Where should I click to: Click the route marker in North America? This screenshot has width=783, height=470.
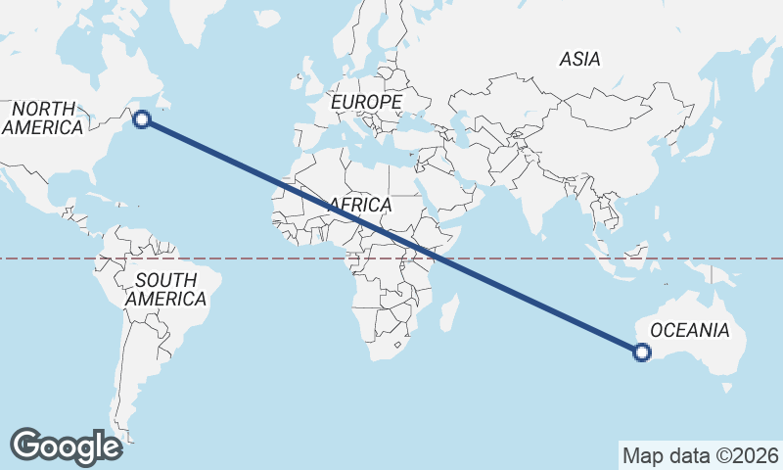coord(142,119)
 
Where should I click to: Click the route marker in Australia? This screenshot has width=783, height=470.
coord(642,352)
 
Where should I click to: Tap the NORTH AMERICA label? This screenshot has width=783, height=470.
coord(42,117)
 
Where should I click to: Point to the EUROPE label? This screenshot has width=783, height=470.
coord(366,103)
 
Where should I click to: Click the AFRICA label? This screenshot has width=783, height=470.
coord(361,205)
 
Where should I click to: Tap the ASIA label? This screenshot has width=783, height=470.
coord(579,60)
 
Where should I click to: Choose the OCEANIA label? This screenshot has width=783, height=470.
coord(690,330)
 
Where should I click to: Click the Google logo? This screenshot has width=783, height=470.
coord(66,446)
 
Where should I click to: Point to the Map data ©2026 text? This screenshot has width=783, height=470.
coord(701,455)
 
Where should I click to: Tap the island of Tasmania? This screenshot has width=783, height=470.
coord(726,388)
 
